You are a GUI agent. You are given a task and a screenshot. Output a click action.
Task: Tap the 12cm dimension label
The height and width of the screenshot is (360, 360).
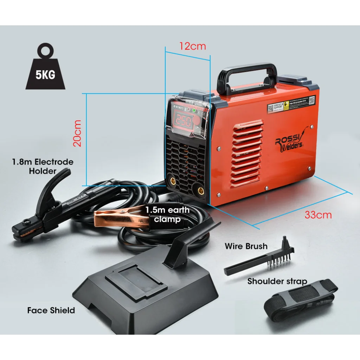(x=192, y=46)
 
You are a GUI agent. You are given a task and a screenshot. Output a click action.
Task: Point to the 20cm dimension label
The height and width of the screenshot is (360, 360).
(x=77, y=133)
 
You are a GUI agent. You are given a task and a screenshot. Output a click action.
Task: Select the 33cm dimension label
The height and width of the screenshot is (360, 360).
(x=318, y=214)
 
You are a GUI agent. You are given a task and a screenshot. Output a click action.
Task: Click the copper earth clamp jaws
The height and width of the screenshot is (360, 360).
(x=116, y=218)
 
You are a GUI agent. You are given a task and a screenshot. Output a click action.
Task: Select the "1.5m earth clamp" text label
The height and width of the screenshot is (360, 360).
(x=167, y=214)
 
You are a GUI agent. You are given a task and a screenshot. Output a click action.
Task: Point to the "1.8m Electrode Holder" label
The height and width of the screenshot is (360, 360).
(x=43, y=166)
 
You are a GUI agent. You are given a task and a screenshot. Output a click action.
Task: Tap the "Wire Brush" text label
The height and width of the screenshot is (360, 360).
(x=246, y=246)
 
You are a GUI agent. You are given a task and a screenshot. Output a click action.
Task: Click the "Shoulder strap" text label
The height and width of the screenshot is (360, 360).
(x=277, y=281)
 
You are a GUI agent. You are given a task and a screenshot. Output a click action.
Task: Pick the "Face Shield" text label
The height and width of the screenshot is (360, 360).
(x=51, y=310)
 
